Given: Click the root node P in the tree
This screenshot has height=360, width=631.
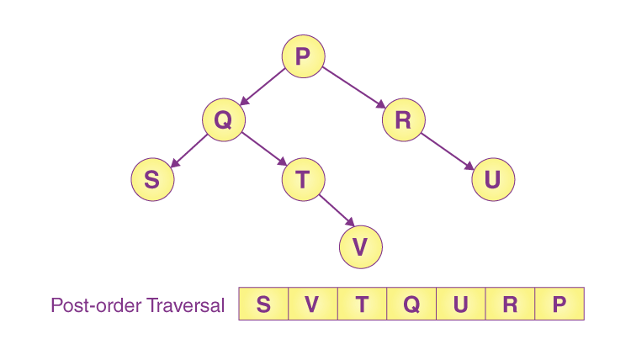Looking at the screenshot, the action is click(303, 56).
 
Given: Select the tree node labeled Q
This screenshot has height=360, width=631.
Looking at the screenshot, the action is click(223, 120).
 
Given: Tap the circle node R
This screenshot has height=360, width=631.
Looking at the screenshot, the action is click(403, 120).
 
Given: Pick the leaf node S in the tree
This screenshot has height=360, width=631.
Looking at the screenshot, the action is click(152, 180).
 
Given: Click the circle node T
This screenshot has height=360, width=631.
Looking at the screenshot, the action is click(302, 180).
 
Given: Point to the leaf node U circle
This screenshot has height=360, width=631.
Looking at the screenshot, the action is click(492, 180).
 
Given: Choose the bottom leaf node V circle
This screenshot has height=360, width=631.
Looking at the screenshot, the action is click(361, 246).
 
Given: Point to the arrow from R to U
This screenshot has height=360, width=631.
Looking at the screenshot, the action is click(447, 150).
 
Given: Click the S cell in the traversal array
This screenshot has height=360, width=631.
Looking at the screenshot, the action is click(263, 304).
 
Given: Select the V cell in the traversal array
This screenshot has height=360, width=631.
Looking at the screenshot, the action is click(312, 304).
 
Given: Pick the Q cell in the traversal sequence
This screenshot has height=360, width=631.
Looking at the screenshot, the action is click(411, 304).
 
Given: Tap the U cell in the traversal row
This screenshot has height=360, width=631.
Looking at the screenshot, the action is click(460, 304).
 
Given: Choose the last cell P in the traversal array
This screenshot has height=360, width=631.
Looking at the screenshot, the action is click(559, 304).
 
